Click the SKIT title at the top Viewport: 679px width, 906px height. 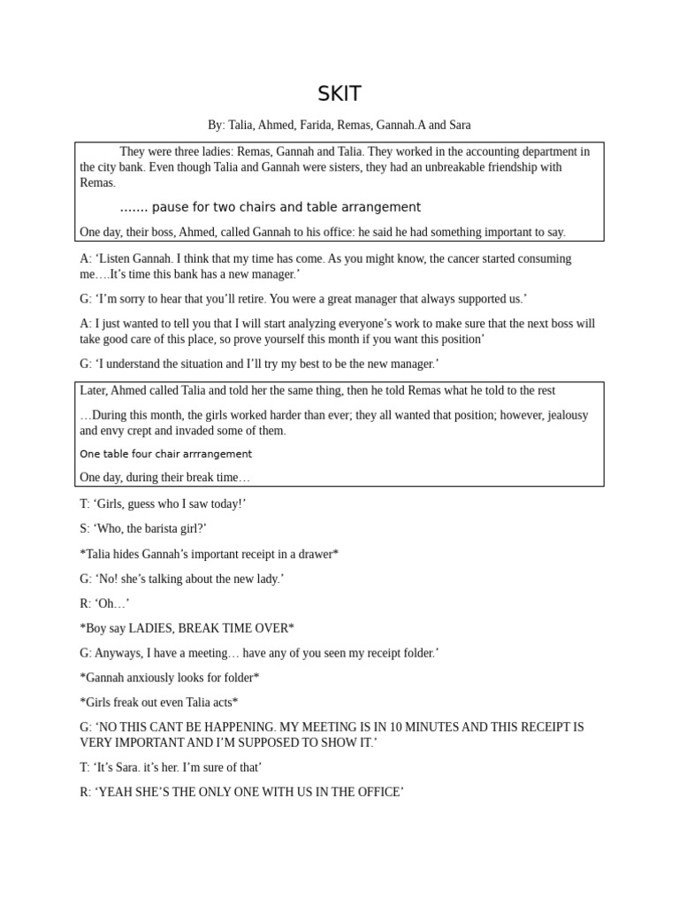(x=339, y=94)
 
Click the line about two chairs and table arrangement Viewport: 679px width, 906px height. (x=270, y=207)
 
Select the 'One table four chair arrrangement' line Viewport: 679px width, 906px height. (x=165, y=454)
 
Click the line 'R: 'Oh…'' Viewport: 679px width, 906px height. (x=104, y=603)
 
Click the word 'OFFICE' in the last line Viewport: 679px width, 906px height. (x=376, y=793)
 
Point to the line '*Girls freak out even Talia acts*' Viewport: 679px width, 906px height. (x=158, y=703)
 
